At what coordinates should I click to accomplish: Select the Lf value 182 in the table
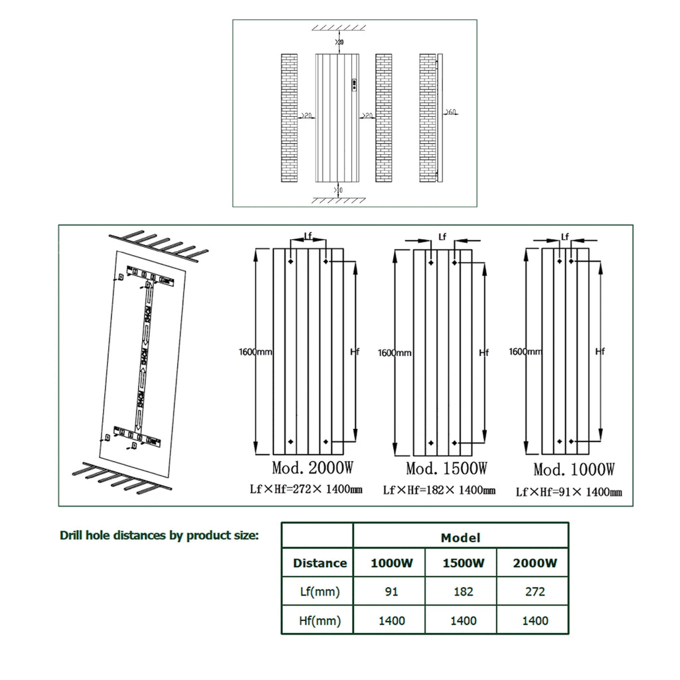tap(463, 592)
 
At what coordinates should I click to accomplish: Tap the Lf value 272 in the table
tap(535, 592)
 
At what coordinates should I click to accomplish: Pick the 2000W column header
tap(535, 563)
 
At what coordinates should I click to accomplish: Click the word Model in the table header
tap(460, 537)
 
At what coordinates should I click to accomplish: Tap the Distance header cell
tap(319, 563)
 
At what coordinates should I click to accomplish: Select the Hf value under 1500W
tap(463, 620)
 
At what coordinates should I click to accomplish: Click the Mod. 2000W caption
tap(312, 467)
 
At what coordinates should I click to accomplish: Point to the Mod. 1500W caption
tap(446, 469)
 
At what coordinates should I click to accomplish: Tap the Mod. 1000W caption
tap(574, 469)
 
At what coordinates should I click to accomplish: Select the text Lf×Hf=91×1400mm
tap(568, 492)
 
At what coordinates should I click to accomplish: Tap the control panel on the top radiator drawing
tap(355, 84)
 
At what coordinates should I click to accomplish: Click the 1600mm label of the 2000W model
tap(256, 351)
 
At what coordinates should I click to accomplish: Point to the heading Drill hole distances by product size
tap(159, 535)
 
